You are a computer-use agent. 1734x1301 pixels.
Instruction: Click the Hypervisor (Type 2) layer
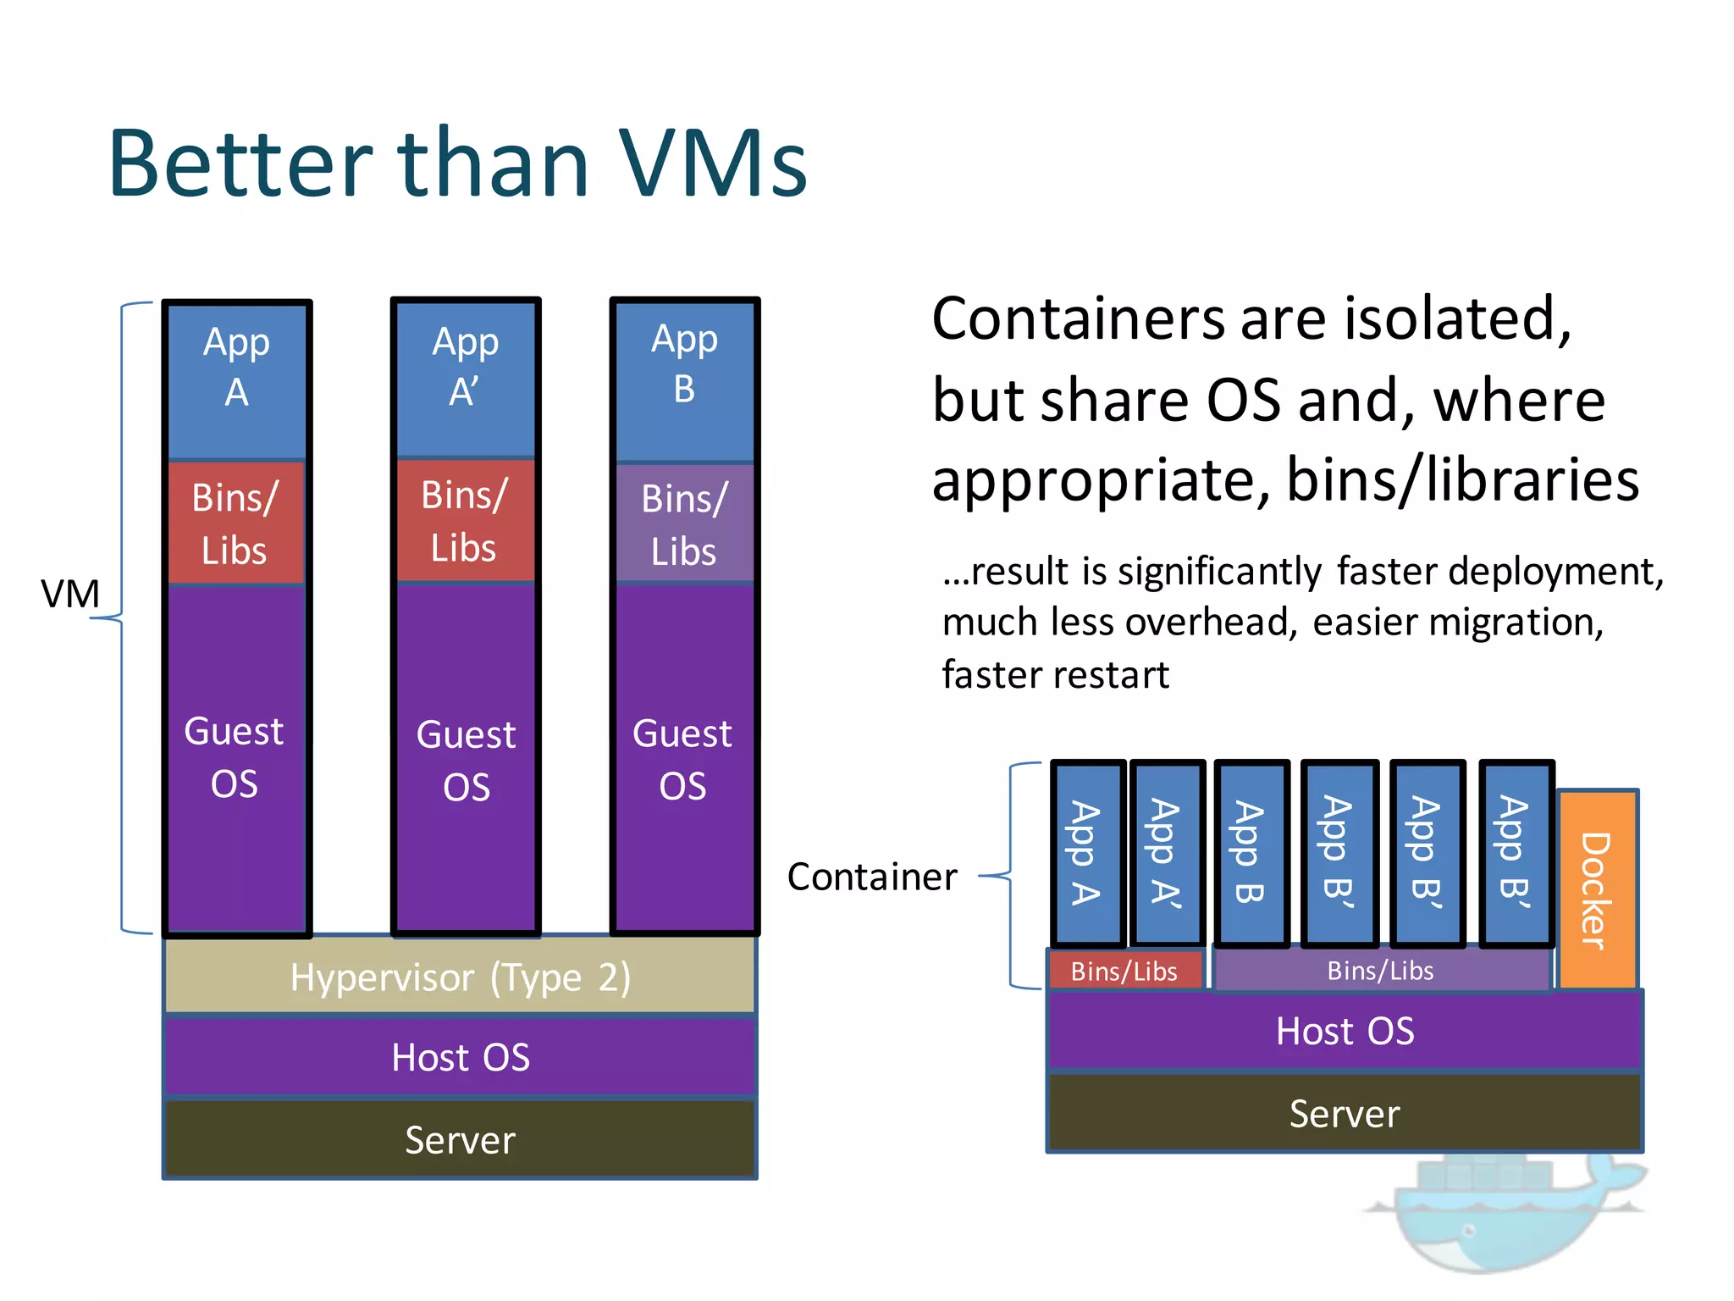coord(460,977)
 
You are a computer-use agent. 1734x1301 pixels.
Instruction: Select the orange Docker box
coord(1597,889)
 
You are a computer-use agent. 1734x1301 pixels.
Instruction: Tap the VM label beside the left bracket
coord(70,594)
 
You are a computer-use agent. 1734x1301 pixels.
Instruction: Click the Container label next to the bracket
coord(872,877)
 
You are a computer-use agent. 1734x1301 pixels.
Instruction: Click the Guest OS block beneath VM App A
coord(235,756)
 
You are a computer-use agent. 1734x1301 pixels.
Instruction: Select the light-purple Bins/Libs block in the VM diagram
coord(684,523)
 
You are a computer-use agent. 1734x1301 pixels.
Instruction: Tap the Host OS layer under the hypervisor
coord(460,1057)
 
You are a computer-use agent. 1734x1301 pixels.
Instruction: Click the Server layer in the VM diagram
coord(460,1139)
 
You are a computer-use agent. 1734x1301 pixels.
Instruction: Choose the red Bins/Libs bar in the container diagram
coord(1124,971)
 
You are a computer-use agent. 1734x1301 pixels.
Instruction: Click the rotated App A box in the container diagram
coord(1087,852)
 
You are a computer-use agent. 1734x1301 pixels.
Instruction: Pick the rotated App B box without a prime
coord(1251,852)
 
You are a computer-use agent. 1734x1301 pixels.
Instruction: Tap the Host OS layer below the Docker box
coord(1345,1031)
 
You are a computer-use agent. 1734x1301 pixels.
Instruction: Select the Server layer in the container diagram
coord(1345,1113)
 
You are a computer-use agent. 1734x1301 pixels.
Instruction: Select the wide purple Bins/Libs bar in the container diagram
coord(1381,971)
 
